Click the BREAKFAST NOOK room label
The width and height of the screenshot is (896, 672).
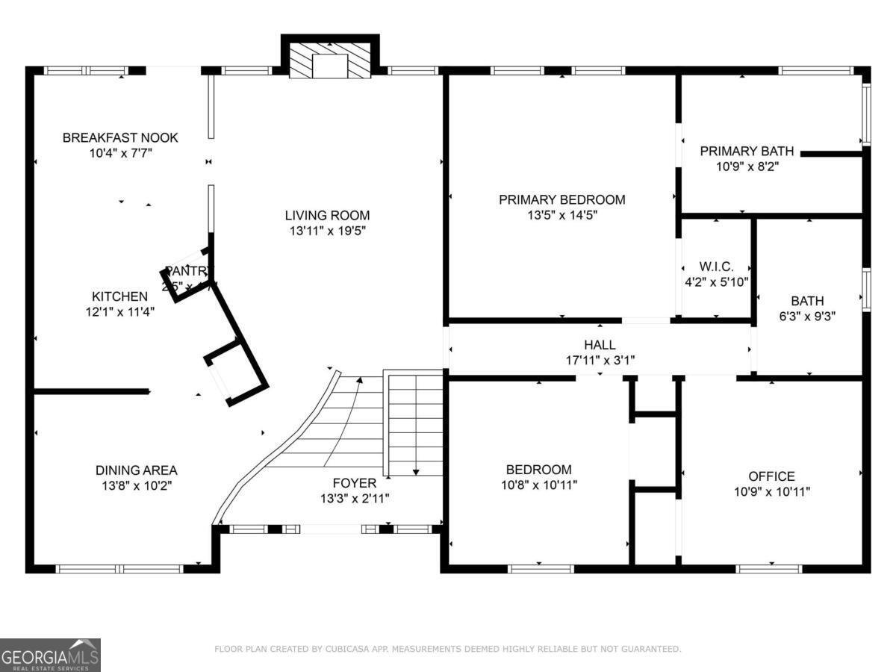[120, 137]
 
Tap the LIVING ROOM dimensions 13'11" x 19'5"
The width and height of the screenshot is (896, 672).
[327, 231]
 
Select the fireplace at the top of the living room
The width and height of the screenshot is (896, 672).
[329, 60]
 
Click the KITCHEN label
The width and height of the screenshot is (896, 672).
[119, 296]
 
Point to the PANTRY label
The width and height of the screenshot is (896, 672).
[190, 271]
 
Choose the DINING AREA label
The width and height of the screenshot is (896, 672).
[136, 470]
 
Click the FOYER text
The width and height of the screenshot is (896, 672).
[355, 483]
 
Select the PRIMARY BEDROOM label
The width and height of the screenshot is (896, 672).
[561, 199]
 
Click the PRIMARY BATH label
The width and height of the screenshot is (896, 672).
[747, 152]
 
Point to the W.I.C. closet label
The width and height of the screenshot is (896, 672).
[716, 267]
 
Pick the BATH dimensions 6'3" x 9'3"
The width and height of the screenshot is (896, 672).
[807, 316]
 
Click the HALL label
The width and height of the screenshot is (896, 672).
[600, 344]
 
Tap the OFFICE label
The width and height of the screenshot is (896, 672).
[771, 476]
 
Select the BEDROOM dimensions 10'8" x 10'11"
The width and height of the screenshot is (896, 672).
[538, 485]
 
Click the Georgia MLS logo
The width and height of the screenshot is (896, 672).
[50, 655]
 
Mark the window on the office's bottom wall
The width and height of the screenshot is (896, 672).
[769, 569]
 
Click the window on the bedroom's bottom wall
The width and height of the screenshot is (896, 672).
[541, 569]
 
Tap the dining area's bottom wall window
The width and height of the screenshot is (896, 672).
[120, 569]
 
